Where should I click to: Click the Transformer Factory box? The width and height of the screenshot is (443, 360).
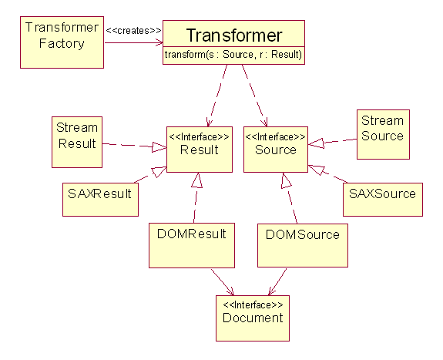tap(62, 42)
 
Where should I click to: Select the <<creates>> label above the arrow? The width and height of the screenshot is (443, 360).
tap(133, 30)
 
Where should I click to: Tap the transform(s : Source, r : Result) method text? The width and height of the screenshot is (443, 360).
tap(233, 54)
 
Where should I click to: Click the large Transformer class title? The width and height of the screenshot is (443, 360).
tap(234, 35)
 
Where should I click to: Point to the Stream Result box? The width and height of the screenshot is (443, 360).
tap(77, 142)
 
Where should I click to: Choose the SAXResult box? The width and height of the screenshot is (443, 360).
tap(100, 200)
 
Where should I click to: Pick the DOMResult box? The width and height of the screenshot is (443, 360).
tap(192, 245)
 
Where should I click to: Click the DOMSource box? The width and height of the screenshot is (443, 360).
tap(303, 245)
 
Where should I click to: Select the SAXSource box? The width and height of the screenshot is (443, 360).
tap(383, 200)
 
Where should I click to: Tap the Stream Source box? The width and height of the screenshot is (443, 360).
tap(383, 134)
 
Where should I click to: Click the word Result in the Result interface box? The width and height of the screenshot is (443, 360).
tap(200, 150)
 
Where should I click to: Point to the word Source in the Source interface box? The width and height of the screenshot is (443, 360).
tap(276, 150)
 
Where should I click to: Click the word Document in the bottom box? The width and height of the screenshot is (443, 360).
tap(253, 318)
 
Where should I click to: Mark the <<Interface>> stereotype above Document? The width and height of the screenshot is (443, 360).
tap(253, 304)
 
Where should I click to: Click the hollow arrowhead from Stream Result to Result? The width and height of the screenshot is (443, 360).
tap(159, 147)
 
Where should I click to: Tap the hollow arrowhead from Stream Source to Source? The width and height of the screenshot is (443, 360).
tap(316, 143)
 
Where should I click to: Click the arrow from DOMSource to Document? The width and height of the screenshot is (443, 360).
tap(277, 282)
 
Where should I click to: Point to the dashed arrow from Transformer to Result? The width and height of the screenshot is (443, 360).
tap(217, 96)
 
